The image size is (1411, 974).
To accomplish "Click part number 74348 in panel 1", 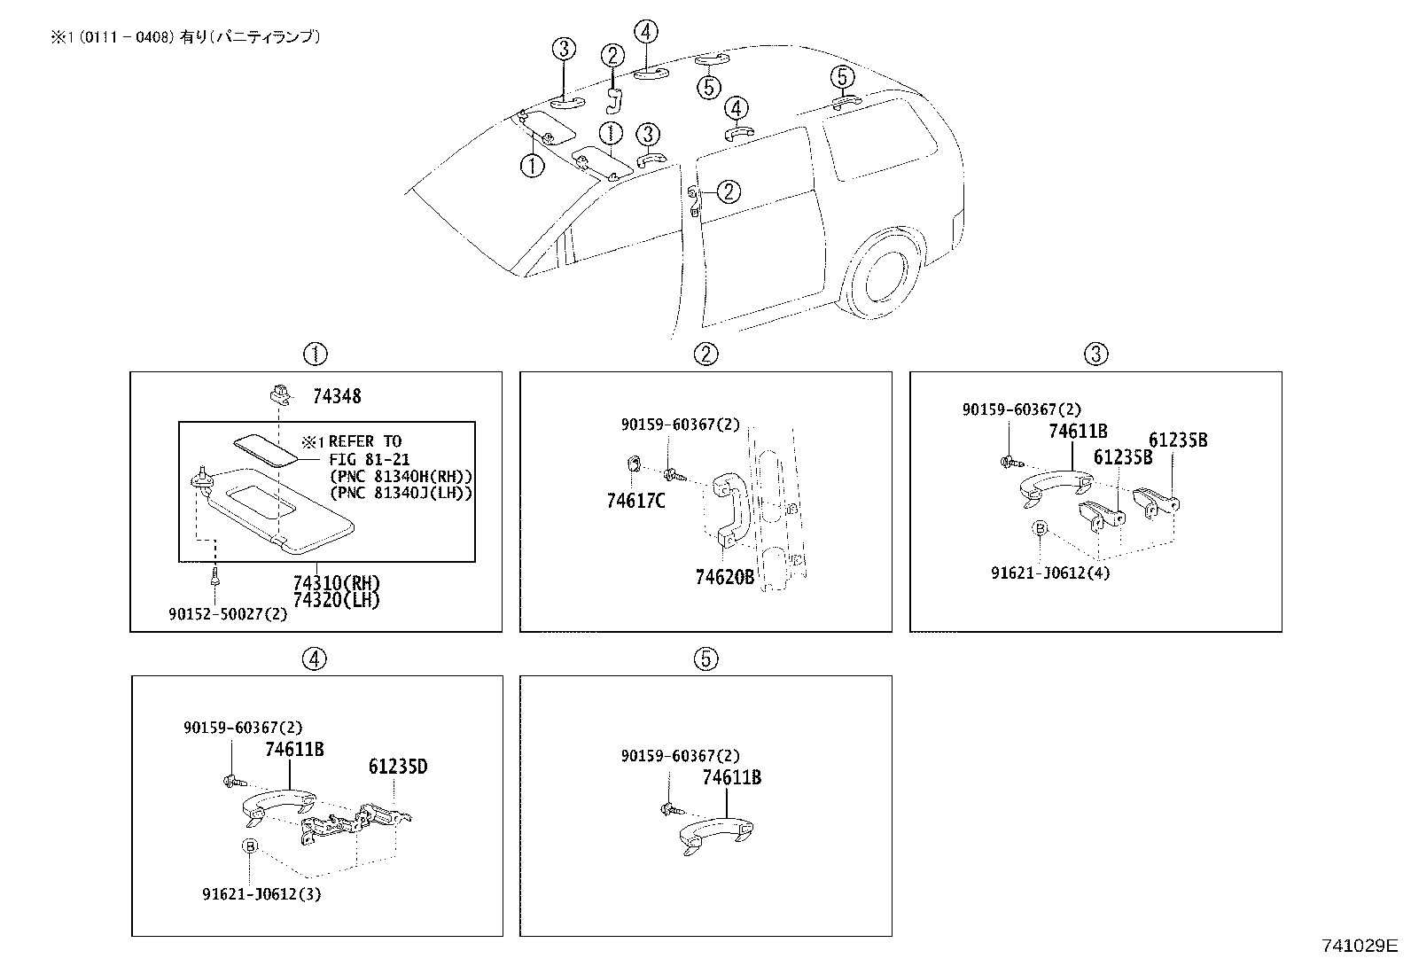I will [x=336, y=396].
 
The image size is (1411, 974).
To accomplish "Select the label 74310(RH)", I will [x=336, y=583].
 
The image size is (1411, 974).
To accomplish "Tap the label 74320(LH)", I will [x=336, y=599].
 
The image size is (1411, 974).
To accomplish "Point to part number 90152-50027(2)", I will [x=228, y=613].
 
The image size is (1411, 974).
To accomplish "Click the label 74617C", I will [x=635, y=502].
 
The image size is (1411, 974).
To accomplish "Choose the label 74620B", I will [x=724, y=577].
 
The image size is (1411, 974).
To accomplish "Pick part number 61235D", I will [x=398, y=767].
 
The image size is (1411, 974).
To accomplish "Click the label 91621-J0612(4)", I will [x=1050, y=573].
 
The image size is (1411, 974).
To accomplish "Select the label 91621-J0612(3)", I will [x=261, y=893].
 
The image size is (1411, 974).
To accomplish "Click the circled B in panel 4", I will [x=251, y=846].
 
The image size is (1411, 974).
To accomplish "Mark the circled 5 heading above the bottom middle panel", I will [x=705, y=658].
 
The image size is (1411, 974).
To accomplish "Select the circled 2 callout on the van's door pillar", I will [x=728, y=191].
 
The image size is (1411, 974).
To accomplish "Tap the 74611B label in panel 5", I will [x=731, y=777].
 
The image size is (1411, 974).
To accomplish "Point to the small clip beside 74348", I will [x=277, y=393].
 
